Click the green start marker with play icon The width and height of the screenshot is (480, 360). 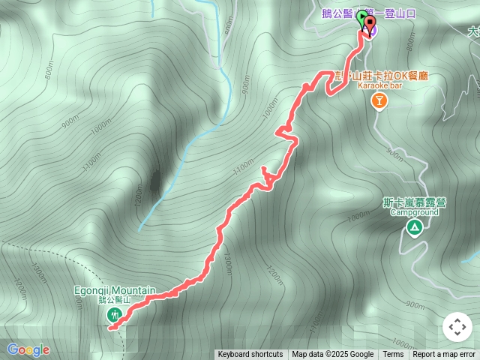click(361, 17)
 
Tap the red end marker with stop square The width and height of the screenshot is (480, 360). click(369, 22)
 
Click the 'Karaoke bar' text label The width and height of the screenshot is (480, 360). click(379, 86)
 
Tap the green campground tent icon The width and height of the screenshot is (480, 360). click(412, 226)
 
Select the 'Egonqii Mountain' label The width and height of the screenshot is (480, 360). click(115, 290)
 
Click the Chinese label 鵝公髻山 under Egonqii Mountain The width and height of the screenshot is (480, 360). click(115, 300)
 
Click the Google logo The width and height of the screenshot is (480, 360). click(28, 349)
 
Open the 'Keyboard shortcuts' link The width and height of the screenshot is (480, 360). click(250, 355)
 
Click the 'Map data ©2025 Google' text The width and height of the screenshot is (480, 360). click(333, 355)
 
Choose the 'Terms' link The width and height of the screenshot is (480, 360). click(393, 355)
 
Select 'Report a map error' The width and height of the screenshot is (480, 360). click(444, 355)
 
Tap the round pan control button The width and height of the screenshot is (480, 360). click(457, 328)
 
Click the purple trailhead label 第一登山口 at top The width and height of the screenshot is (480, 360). click(405, 13)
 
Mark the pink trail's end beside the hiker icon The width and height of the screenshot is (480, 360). click(112, 327)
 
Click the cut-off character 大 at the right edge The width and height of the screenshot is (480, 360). click(474, 32)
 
